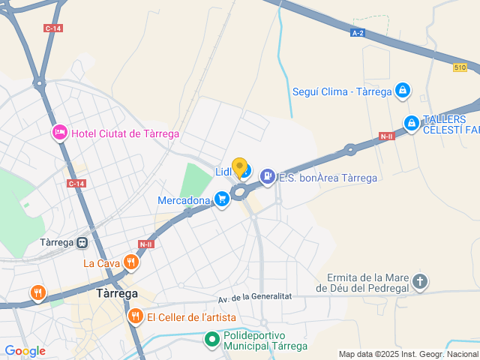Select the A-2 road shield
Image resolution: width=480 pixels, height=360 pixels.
pos(358,33)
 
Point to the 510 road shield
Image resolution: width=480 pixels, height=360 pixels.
pos(460,67)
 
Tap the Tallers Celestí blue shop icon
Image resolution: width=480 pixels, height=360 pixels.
pos(411,122)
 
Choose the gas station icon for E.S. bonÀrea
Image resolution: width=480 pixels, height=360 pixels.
pos(267,177)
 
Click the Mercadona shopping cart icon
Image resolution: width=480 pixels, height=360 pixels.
pos(221,199)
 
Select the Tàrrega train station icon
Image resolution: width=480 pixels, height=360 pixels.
pos(82,242)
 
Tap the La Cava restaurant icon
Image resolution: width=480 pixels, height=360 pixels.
pos(131,262)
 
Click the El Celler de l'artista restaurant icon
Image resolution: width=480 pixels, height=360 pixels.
pos(135,316)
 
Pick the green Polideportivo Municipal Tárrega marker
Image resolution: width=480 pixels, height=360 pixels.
pos(212,340)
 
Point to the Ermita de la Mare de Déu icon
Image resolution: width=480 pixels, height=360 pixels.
pos(420,282)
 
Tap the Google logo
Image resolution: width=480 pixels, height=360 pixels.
pos(25,350)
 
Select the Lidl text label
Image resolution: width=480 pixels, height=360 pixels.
pos(223,172)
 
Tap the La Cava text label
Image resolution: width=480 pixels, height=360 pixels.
pos(101,263)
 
